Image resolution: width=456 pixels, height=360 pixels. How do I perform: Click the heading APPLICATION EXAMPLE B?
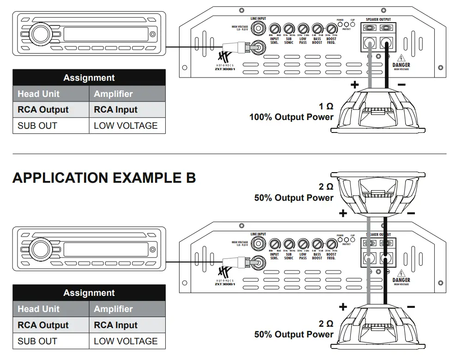[104, 178]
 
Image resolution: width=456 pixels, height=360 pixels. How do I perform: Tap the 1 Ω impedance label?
[326, 107]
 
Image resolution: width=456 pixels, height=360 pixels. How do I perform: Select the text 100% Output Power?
[291, 117]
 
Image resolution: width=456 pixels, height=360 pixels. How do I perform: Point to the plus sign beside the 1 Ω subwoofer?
[354, 85]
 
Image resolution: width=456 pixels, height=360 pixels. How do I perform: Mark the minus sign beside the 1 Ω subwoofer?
[402, 85]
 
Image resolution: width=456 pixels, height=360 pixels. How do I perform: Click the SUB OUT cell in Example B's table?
[37, 341]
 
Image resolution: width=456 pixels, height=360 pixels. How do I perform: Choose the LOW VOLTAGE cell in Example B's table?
[126, 341]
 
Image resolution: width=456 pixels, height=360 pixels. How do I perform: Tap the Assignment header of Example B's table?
[89, 293]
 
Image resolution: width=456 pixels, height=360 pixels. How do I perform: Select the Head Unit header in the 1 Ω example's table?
[38, 94]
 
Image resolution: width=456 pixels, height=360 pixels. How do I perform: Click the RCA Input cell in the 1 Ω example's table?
[116, 110]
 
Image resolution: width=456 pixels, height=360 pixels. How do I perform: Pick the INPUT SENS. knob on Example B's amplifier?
[275, 244]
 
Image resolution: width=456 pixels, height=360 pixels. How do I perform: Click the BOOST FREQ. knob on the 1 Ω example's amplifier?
[331, 29]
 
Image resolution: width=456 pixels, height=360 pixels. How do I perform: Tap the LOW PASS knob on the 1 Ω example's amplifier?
[303, 29]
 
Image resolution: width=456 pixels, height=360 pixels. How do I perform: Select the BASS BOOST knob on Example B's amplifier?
[317, 244]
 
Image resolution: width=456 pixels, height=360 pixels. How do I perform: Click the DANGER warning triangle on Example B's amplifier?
[401, 273]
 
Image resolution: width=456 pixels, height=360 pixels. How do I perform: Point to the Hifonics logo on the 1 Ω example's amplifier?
[224, 60]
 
